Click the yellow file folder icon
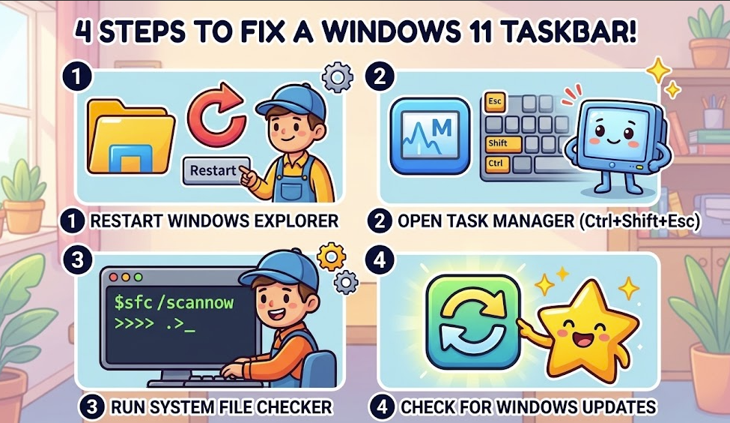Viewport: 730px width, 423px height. tap(131, 136)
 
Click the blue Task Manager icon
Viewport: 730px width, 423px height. tap(430, 136)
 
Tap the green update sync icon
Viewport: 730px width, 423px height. tap(473, 322)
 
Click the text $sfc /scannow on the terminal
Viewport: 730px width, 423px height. tap(174, 303)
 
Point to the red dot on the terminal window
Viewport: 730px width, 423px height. tap(112, 277)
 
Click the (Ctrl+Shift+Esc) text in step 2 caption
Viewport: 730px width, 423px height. tap(639, 220)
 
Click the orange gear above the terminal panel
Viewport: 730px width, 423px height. tap(331, 256)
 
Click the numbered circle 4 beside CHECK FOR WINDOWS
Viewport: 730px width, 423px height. tap(382, 406)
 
